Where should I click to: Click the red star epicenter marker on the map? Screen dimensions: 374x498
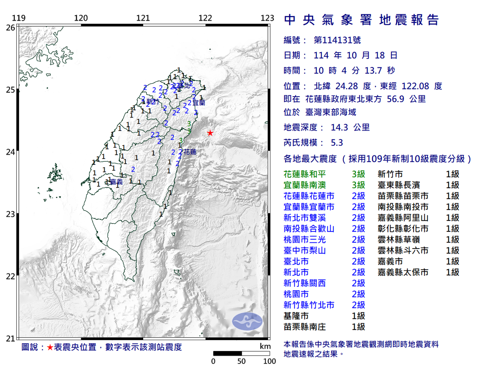[210, 133]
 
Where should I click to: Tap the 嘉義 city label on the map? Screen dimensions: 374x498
[116, 182]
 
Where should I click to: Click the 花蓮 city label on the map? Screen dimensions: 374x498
[190, 152]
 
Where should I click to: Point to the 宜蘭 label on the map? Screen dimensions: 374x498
[199, 103]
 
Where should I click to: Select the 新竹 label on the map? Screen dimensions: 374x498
[153, 102]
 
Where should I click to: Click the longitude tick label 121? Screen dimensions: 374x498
[143, 18]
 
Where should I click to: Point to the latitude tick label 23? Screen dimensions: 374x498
[11, 214]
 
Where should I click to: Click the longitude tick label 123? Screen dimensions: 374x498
[267, 18]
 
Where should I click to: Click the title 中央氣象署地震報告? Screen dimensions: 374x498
[361, 20]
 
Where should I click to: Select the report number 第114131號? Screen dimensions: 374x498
[337, 40]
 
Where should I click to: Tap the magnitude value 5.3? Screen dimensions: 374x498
[337, 143]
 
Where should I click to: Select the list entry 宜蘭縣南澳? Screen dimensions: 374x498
[304, 185]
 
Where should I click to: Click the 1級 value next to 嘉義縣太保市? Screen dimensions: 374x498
[452, 272]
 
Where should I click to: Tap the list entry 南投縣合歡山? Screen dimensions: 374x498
[309, 229]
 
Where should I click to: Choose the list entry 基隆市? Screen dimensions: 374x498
[296, 316]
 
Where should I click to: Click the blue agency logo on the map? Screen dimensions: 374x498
[247, 321]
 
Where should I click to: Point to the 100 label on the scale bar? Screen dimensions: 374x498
[269, 361]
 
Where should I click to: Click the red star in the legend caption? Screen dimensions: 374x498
[50, 347]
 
